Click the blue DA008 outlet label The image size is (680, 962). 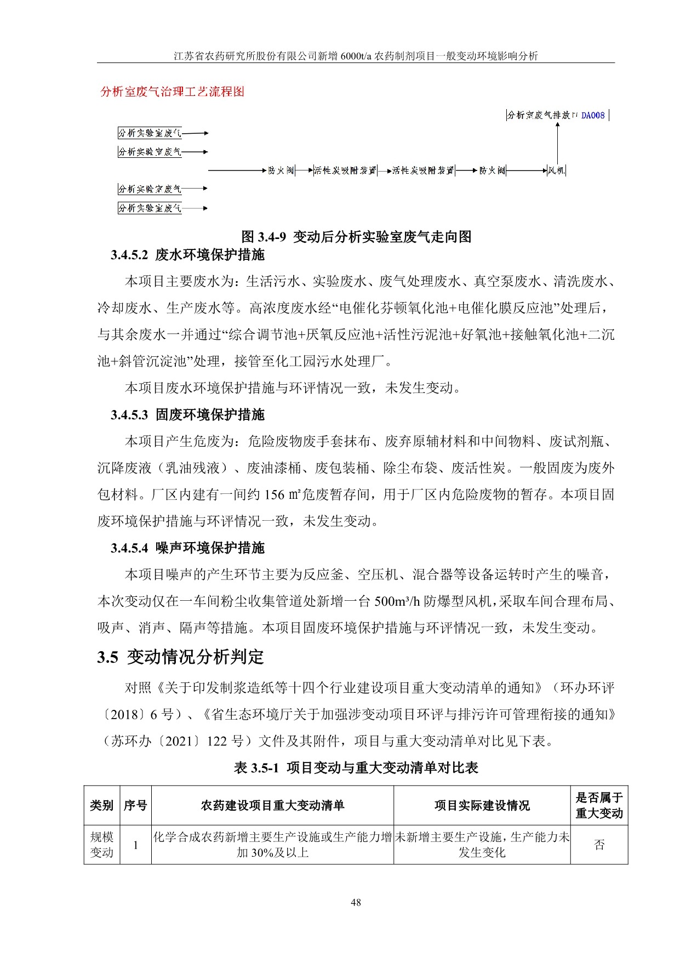[x=593, y=115]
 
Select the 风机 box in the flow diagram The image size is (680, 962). [x=556, y=170]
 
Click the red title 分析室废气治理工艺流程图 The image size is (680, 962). [x=173, y=92]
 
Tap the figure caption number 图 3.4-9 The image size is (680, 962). [x=264, y=237]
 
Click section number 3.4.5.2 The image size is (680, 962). [x=129, y=255]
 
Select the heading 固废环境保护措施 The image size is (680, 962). [x=210, y=414]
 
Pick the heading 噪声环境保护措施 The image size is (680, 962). [x=210, y=548]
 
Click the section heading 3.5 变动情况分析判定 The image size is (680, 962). [x=181, y=657]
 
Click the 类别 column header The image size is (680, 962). [x=101, y=805]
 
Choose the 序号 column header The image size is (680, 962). [x=135, y=805]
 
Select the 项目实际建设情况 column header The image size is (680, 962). [x=482, y=805]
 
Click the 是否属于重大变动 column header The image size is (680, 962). [x=599, y=805]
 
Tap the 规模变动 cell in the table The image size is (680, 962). [x=101, y=845]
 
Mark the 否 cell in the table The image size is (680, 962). [x=599, y=845]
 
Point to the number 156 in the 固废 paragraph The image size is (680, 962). [x=275, y=494]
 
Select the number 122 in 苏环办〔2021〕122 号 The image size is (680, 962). [x=217, y=741]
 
